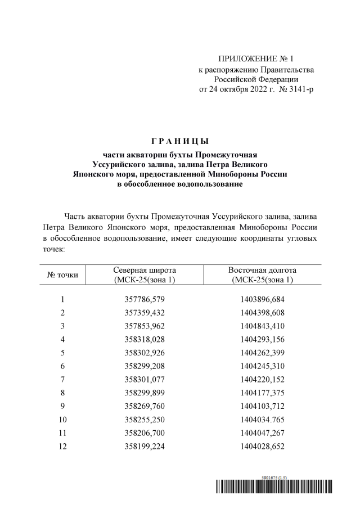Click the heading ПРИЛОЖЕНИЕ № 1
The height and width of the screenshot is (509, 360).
click(x=255, y=59)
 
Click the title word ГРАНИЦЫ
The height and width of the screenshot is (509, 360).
click(x=180, y=141)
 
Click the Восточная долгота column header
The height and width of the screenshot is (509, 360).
click(x=263, y=275)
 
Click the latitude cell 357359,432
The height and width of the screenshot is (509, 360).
click(x=145, y=313)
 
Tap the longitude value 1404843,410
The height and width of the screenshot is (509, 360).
click(x=263, y=326)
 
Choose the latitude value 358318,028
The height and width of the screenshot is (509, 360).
click(x=145, y=340)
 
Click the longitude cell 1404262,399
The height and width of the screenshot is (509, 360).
click(x=263, y=353)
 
